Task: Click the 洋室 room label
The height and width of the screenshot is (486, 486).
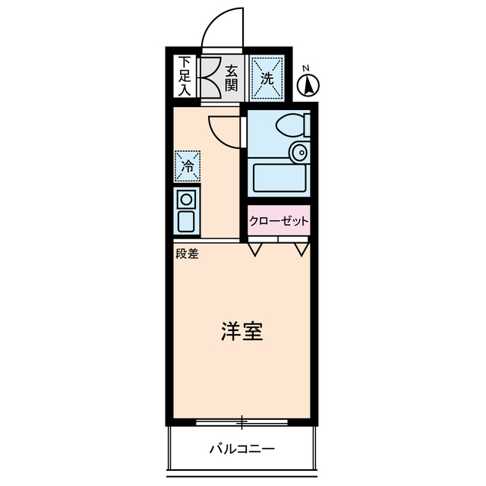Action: pyautogui.click(x=242, y=332)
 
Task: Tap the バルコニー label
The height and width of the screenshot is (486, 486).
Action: pyautogui.click(x=242, y=449)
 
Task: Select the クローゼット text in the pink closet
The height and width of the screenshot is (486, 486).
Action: pyautogui.click(x=279, y=221)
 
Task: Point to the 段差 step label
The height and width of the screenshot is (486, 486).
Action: pyautogui.click(x=187, y=254)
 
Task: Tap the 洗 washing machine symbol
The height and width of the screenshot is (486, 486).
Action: pyautogui.click(x=267, y=77)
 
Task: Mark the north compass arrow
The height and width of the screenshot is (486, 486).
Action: pyautogui.click(x=309, y=87)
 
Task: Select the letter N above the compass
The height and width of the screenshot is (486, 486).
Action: pyautogui.click(x=305, y=68)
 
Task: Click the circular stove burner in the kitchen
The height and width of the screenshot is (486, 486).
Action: pyautogui.click(x=186, y=200)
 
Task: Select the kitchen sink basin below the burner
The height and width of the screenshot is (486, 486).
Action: pyautogui.click(x=186, y=221)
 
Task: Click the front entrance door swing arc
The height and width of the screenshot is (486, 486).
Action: pyautogui.click(x=222, y=30)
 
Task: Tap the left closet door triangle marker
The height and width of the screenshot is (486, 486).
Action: pyautogui.click(x=255, y=248)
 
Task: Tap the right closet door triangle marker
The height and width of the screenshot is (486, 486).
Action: pyautogui.click(x=302, y=248)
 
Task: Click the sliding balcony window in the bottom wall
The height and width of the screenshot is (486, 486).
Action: pyautogui.click(x=242, y=420)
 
